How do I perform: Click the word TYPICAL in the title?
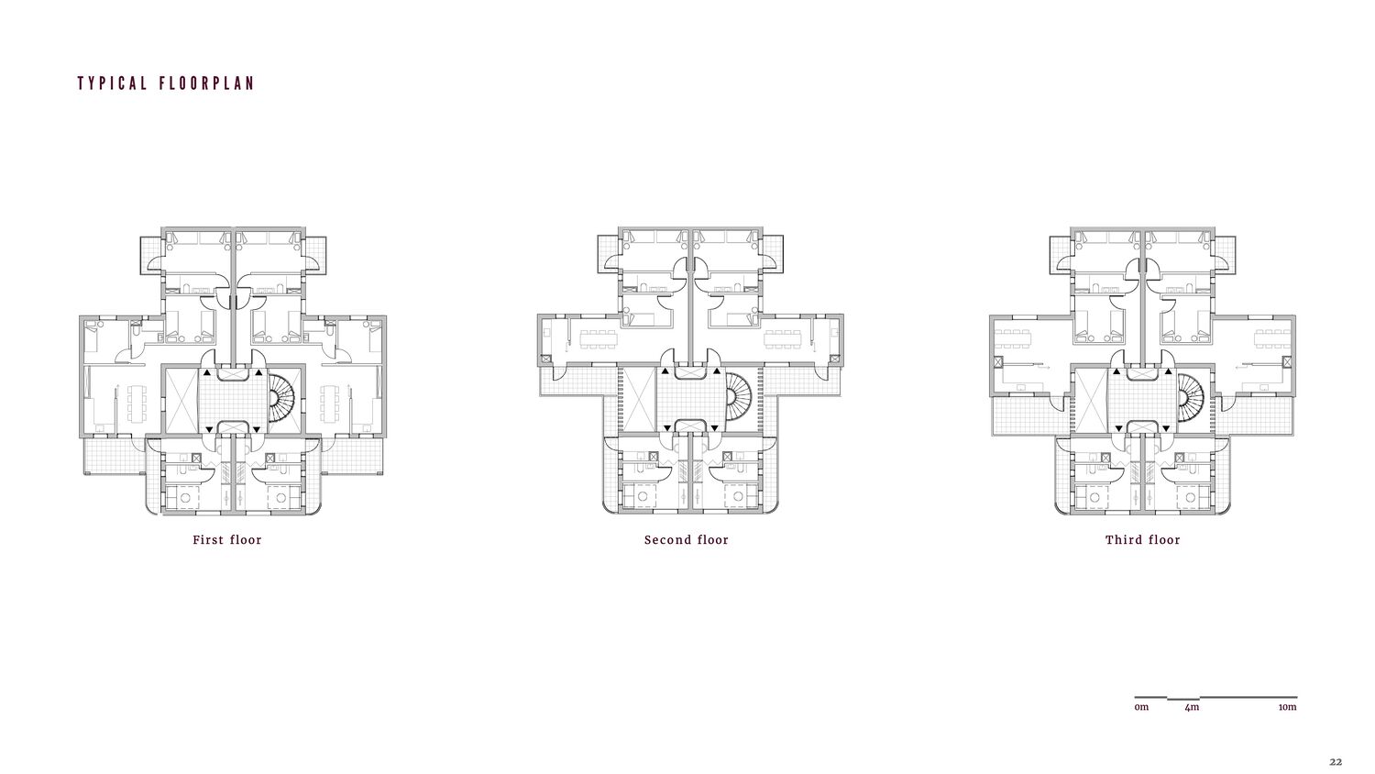point(113,83)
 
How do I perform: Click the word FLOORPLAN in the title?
point(206,83)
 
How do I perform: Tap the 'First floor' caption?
point(227,540)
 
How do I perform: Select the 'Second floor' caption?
point(687,540)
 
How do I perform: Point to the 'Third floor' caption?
point(1143,540)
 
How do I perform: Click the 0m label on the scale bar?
point(1141,707)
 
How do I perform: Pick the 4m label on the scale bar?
point(1192,707)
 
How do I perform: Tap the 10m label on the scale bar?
point(1288,707)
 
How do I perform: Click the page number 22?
point(1336,762)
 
